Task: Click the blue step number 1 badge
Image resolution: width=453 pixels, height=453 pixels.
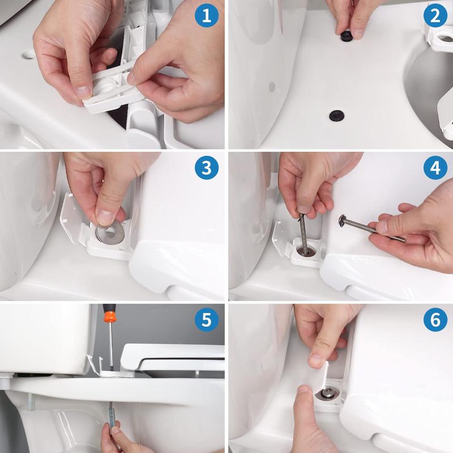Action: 207,16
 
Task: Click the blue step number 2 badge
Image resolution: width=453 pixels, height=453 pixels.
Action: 435,16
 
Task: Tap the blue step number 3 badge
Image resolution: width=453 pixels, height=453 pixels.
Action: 207,168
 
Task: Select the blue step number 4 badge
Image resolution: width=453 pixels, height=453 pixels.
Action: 435,168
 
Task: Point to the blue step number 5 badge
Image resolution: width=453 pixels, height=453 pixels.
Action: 207,320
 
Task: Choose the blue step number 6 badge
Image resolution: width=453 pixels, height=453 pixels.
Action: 435,320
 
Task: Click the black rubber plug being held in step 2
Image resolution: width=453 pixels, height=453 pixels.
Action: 345,36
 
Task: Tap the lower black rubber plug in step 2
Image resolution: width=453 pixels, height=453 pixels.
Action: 335,116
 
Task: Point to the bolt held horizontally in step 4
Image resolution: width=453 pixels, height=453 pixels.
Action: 371,228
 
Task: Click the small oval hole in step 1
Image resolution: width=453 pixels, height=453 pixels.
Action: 29,54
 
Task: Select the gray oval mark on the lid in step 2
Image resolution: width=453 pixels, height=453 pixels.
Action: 272,87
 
